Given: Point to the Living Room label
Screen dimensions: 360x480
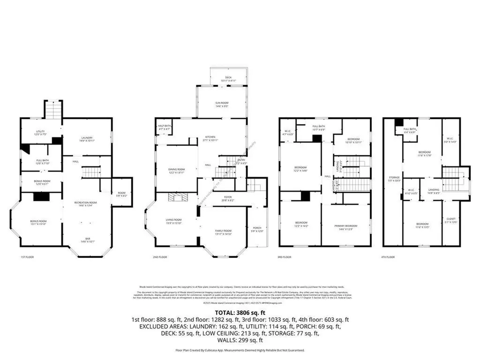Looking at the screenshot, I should [173, 222].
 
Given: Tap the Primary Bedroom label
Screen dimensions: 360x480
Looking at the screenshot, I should [346, 227].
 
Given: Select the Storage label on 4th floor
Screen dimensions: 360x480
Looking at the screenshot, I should [394, 179].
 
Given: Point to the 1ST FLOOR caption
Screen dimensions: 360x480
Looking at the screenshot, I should [27, 257].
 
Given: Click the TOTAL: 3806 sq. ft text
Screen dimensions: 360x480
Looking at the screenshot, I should [240, 312].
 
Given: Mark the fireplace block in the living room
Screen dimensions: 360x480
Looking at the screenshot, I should [178, 197].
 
